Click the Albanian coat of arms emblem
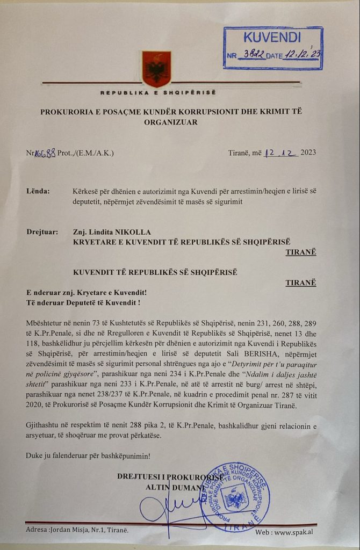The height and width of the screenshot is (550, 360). pos(156,68)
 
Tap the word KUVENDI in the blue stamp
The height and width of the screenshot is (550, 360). pos(273,38)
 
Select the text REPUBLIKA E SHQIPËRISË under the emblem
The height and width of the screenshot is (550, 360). pos(157,93)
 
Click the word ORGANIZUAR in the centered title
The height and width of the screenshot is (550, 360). pos(171,122)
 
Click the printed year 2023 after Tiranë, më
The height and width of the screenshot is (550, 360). pos(308,152)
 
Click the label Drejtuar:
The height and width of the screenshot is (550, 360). pos(42,232)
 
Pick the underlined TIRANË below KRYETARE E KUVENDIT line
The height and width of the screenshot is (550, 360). pos(301,251)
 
